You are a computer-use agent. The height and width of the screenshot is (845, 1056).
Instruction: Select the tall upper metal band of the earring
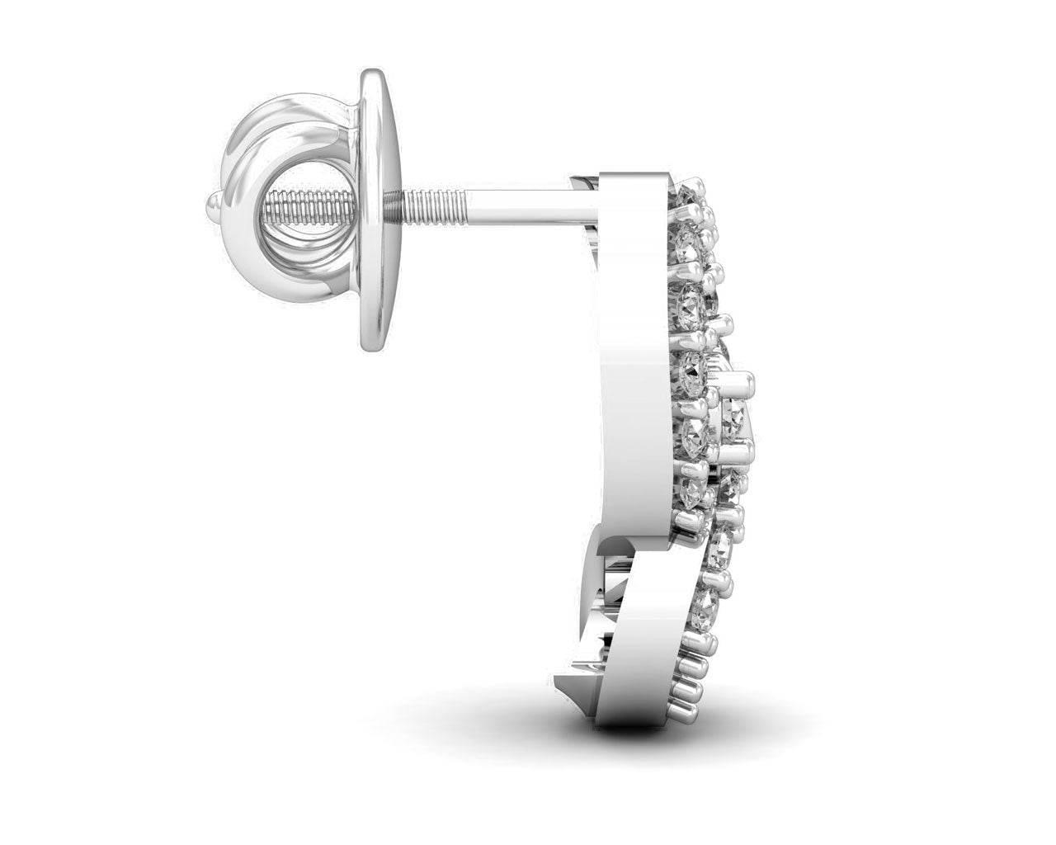click(x=631, y=347)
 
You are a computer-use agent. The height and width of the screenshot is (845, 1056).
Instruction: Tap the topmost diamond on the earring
click(x=689, y=198)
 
